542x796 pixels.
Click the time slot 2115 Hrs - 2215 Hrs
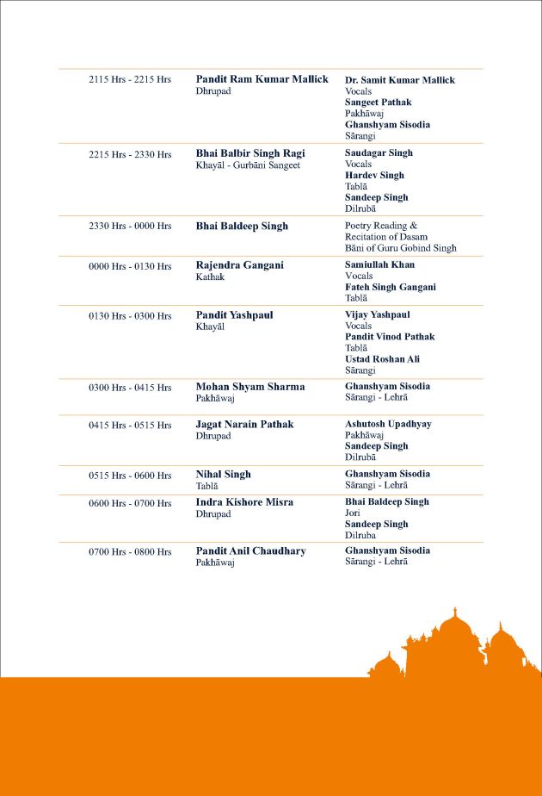coord(130,79)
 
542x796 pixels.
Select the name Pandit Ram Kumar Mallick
coord(262,79)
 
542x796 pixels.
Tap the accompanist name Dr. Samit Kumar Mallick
coord(400,80)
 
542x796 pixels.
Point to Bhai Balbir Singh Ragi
coord(250,153)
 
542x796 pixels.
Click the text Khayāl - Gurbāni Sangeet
coord(248,165)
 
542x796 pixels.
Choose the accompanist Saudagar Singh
coord(379,152)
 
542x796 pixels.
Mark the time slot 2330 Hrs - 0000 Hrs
coord(130,226)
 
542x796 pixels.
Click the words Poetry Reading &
coord(381,226)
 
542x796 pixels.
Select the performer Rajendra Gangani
coord(239,265)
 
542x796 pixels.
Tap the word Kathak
coord(210,277)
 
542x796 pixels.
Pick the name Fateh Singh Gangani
coord(391,287)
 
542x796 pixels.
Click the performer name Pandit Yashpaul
coord(234,315)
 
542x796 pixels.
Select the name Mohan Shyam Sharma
coord(249,387)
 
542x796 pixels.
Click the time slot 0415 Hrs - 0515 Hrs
coord(130,425)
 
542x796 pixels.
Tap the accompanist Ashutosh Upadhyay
coord(388,424)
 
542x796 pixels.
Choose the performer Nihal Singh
coord(223,474)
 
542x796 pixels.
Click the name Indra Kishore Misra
coord(244,502)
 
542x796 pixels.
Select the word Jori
coord(352,513)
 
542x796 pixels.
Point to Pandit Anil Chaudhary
coord(250,551)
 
